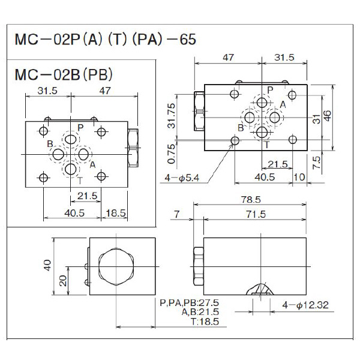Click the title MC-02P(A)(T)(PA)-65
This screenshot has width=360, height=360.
click(105, 40)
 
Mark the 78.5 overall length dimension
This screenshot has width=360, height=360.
click(260, 200)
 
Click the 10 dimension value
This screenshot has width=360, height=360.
click(300, 177)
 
